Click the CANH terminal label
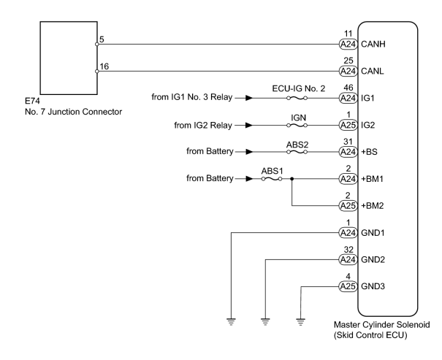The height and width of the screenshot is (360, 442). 373,45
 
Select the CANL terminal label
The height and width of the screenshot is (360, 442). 373,72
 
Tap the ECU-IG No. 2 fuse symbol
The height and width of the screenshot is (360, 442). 297,99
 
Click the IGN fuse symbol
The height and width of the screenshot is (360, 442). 297,126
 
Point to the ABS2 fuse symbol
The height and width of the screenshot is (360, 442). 297,152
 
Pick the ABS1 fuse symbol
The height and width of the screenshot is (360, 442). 272,179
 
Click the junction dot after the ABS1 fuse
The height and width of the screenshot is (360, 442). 292,179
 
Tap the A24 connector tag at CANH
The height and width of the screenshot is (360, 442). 348,45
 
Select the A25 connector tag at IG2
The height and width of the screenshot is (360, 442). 348,125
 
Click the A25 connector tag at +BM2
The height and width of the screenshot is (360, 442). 348,206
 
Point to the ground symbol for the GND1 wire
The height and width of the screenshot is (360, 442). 231,322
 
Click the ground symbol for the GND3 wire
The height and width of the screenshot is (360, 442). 301,322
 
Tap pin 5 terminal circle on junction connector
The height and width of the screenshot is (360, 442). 97,45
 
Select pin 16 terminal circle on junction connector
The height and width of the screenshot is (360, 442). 97,72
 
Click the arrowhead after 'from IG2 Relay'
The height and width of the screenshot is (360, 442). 249,125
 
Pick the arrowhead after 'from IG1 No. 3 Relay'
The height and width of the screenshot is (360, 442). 249,98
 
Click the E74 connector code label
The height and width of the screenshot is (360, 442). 32,101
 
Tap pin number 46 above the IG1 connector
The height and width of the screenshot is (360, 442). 348,88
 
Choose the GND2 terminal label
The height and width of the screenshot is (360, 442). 373,259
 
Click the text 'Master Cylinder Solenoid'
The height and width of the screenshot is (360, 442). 382,325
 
